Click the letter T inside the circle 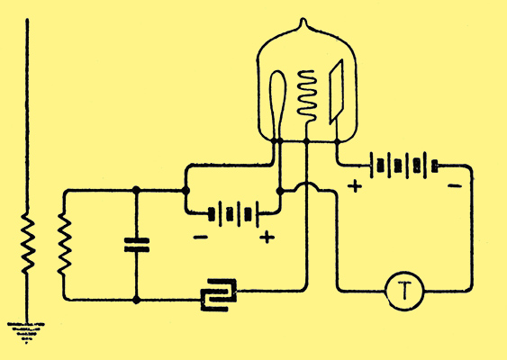(x=404, y=290)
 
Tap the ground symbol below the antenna (x=26, y=332)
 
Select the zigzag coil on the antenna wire (x=28, y=243)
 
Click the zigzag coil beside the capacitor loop (x=64, y=244)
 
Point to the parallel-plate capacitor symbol (x=137, y=245)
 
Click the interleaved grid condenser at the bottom (x=219, y=294)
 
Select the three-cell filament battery (x=233, y=214)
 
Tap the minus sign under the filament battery (x=201, y=238)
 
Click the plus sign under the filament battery (x=267, y=238)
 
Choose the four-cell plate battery (x=403, y=166)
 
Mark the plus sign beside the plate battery (x=355, y=186)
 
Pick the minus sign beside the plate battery (x=455, y=185)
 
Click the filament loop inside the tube (x=277, y=103)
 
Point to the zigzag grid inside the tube (x=306, y=96)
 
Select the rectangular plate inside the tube (x=336, y=92)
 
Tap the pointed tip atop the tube (x=303, y=20)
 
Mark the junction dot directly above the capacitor (x=137, y=190)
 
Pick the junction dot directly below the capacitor (x=137, y=300)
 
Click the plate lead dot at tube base (x=338, y=141)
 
